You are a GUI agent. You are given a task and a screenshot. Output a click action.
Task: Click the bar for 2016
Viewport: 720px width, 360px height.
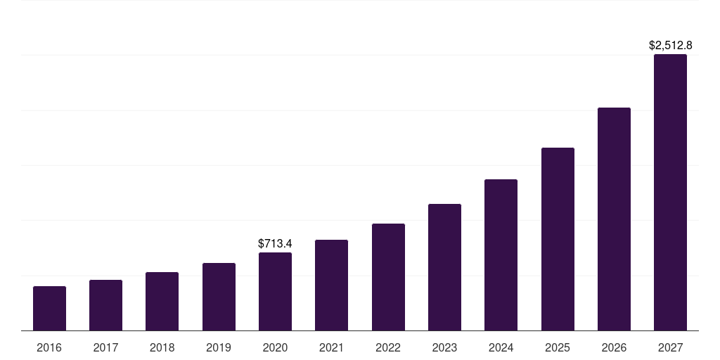pos(49,308)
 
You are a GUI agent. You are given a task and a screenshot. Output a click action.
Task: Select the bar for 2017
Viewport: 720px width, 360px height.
pos(105,305)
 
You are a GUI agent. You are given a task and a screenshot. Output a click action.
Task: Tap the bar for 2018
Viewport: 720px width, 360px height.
pos(162,301)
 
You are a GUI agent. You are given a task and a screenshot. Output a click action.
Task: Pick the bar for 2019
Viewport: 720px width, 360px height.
pos(219,297)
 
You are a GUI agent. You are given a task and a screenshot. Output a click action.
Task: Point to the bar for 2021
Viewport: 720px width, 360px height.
pos(331,285)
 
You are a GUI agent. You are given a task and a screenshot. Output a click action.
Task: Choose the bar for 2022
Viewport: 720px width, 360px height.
pos(388,277)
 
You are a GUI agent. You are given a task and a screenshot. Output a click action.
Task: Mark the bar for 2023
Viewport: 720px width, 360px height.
pos(444,267)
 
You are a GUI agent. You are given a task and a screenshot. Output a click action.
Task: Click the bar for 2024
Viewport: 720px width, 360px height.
pos(501,255)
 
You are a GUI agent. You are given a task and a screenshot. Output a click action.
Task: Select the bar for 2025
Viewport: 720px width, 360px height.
pos(558,239)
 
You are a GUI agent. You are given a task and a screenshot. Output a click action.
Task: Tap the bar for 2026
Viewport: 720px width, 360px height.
pos(614,219)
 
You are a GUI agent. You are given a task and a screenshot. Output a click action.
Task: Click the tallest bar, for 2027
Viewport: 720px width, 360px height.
pos(670,192)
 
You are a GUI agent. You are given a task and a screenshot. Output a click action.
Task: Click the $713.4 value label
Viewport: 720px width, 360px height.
pos(275,243)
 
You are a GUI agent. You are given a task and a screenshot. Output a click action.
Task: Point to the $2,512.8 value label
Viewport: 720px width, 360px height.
pos(670,45)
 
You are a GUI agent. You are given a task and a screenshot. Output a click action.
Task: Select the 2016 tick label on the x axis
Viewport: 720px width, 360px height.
pos(49,347)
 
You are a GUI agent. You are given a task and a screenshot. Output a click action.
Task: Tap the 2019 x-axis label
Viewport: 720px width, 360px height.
pos(219,347)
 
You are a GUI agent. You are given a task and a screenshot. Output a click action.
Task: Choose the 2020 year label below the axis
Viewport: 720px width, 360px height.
pos(275,347)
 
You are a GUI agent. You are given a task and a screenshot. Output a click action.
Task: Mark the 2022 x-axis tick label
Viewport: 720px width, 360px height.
pos(388,347)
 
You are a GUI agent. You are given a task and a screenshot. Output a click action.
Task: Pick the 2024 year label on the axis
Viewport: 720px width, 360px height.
pos(501,347)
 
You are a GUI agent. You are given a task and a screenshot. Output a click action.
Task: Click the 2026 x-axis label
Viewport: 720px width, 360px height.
pos(614,347)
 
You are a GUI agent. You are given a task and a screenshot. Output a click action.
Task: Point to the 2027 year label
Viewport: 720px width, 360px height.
pos(670,347)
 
